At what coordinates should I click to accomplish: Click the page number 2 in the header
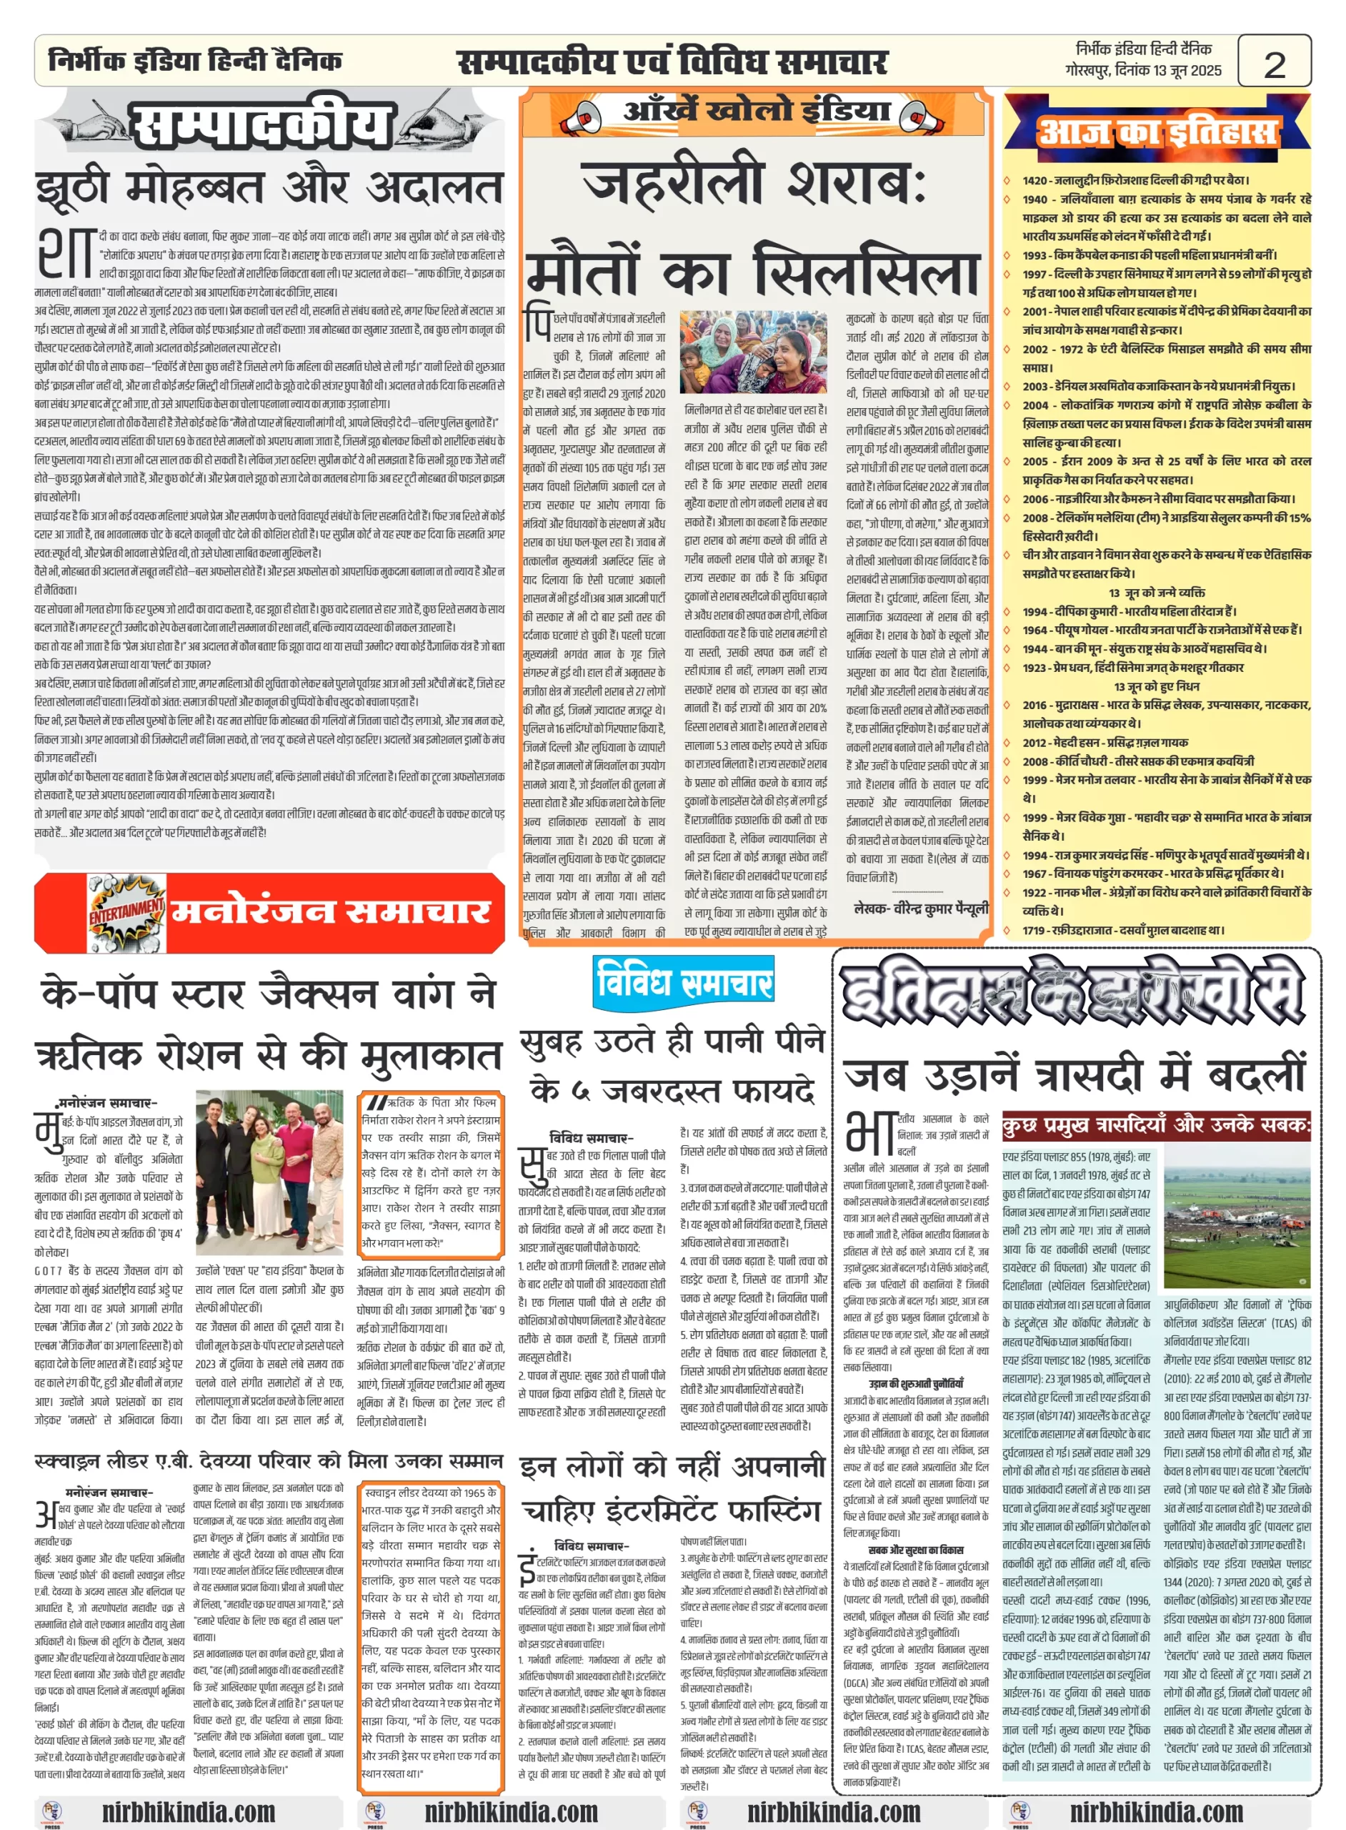(1274, 64)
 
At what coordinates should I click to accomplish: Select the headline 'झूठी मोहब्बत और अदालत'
(269, 187)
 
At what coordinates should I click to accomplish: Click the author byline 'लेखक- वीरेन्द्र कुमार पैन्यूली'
(921, 908)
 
